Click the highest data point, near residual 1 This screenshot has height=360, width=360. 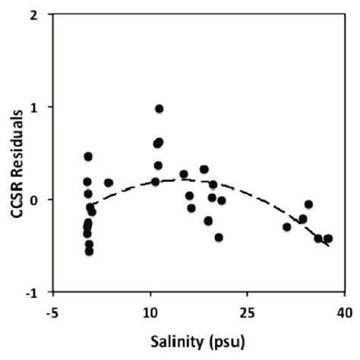(159, 109)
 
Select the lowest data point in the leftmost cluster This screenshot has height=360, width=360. (89, 251)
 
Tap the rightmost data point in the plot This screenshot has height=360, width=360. (328, 238)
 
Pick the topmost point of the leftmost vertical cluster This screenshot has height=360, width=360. (88, 156)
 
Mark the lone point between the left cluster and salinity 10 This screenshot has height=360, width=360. (109, 182)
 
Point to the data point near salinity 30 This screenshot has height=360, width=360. (286, 226)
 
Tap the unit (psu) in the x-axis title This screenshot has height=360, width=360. (221, 341)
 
